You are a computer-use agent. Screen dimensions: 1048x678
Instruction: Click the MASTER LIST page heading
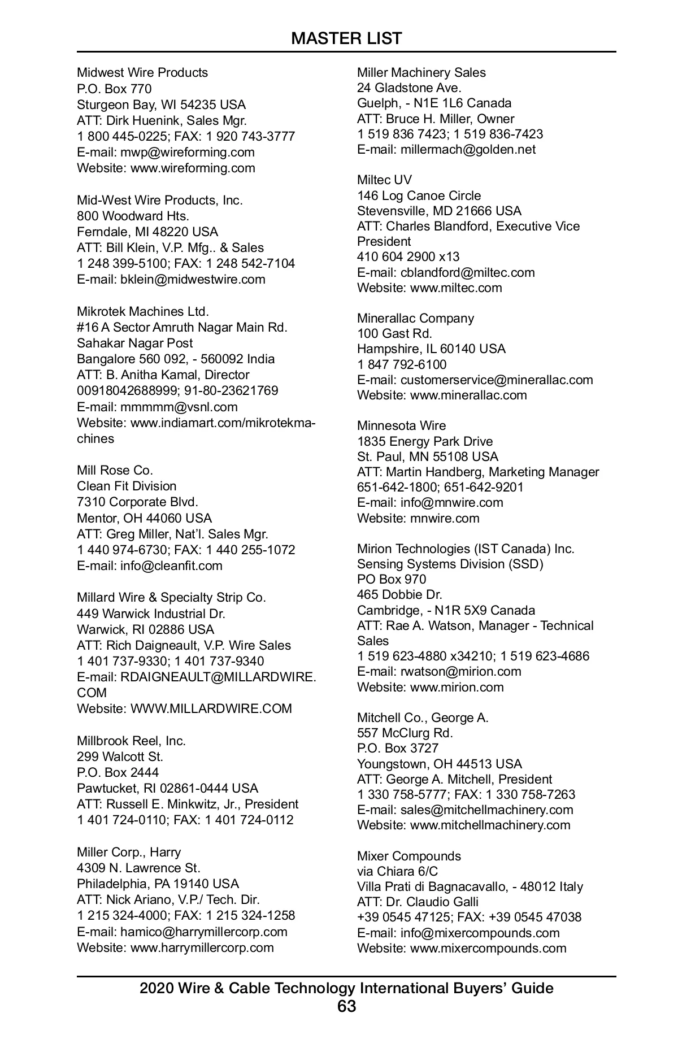point(346,38)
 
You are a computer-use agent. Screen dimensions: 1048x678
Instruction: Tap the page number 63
point(346,1006)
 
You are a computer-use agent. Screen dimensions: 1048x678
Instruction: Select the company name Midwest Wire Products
point(142,72)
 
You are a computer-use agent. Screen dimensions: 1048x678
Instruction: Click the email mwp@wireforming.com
point(187,152)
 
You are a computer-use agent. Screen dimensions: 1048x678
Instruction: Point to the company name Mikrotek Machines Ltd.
point(143,311)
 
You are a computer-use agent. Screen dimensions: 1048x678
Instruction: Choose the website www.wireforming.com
point(193,168)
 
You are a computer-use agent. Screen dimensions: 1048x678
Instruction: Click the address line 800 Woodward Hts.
point(133,216)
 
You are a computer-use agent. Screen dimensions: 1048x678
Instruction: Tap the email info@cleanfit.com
point(171,566)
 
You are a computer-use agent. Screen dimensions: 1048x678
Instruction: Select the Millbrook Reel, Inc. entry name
point(131,741)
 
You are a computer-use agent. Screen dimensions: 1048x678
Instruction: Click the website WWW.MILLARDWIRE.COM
point(211,708)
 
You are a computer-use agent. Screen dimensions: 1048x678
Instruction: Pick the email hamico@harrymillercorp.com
point(203,932)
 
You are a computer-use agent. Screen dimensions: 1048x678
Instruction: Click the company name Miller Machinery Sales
point(421,72)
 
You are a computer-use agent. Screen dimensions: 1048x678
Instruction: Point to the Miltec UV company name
point(384,180)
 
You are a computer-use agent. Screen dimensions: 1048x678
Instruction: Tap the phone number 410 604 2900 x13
point(408,257)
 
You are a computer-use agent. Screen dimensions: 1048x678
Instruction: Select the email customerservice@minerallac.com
point(497,380)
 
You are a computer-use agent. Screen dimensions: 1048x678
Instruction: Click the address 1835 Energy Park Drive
point(425,441)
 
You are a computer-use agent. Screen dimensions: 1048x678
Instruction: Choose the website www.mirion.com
point(457,687)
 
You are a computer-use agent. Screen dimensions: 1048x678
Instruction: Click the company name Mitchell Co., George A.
point(423,717)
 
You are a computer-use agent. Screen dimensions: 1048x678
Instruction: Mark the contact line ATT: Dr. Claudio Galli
point(418,902)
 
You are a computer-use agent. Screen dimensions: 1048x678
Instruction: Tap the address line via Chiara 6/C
point(397,871)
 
